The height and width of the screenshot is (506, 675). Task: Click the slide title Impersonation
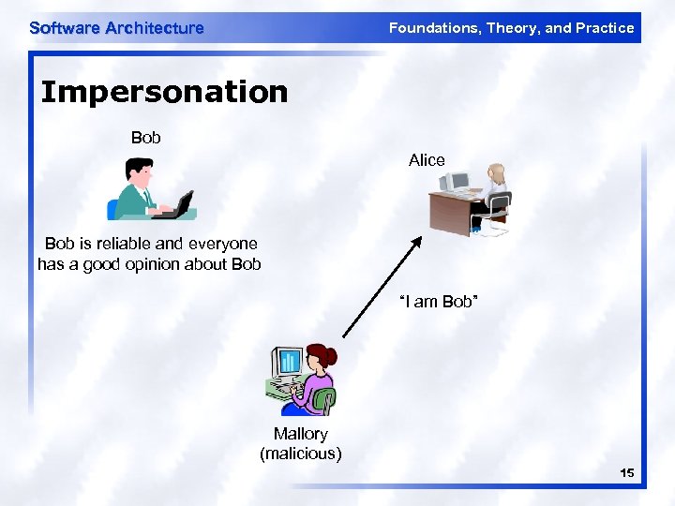click(x=164, y=92)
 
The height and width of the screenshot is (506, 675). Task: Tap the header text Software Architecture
click(x=116, y=28)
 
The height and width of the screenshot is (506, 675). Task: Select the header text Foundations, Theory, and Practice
click(x=511, y=28)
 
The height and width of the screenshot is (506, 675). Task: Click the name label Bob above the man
click(x=145, y=138)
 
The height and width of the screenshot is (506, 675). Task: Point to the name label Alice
click(x=427, y=160)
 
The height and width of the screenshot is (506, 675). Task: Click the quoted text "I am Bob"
click(x=439, y=302)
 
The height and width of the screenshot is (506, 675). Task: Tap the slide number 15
click(x=626, y=473)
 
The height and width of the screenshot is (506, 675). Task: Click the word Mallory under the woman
click(x=300, y=434)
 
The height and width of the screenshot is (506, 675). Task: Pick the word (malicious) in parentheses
click(x=300, y=454)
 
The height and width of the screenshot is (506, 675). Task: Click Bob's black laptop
click(x=178, y=204)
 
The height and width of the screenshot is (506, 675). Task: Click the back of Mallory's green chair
click(x=324, y=401)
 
